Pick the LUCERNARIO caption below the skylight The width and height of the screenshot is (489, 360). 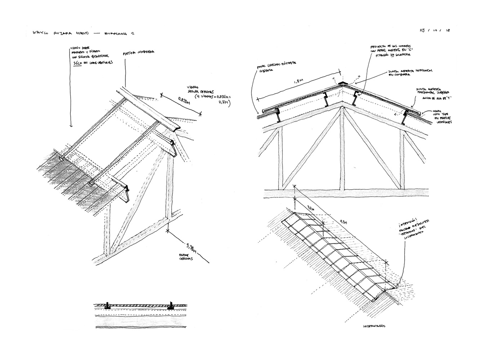373,326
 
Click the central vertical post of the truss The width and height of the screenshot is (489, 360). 342,148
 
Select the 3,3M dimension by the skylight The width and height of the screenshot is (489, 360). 309,208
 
